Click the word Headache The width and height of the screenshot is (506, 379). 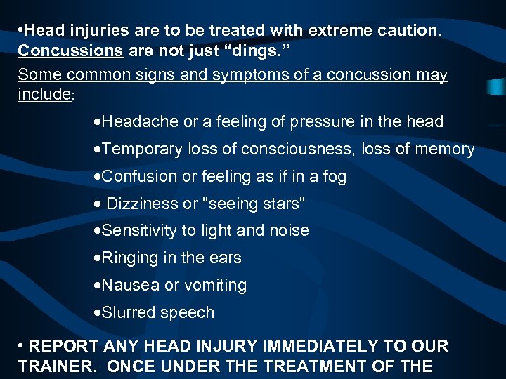pyautogui.click(x=141, y=121)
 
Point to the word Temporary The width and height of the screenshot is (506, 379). pyautogui.click(x=145, y=149)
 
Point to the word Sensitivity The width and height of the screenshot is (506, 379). pyautogui.click(x=143, y=230)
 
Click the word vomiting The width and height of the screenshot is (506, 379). pyautogui.click(x=215, y=285)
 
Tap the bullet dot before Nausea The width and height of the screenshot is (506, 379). pyautogui.click(x=97, y=286)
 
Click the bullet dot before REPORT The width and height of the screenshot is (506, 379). pyautogui.click(x=22, y=346)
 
